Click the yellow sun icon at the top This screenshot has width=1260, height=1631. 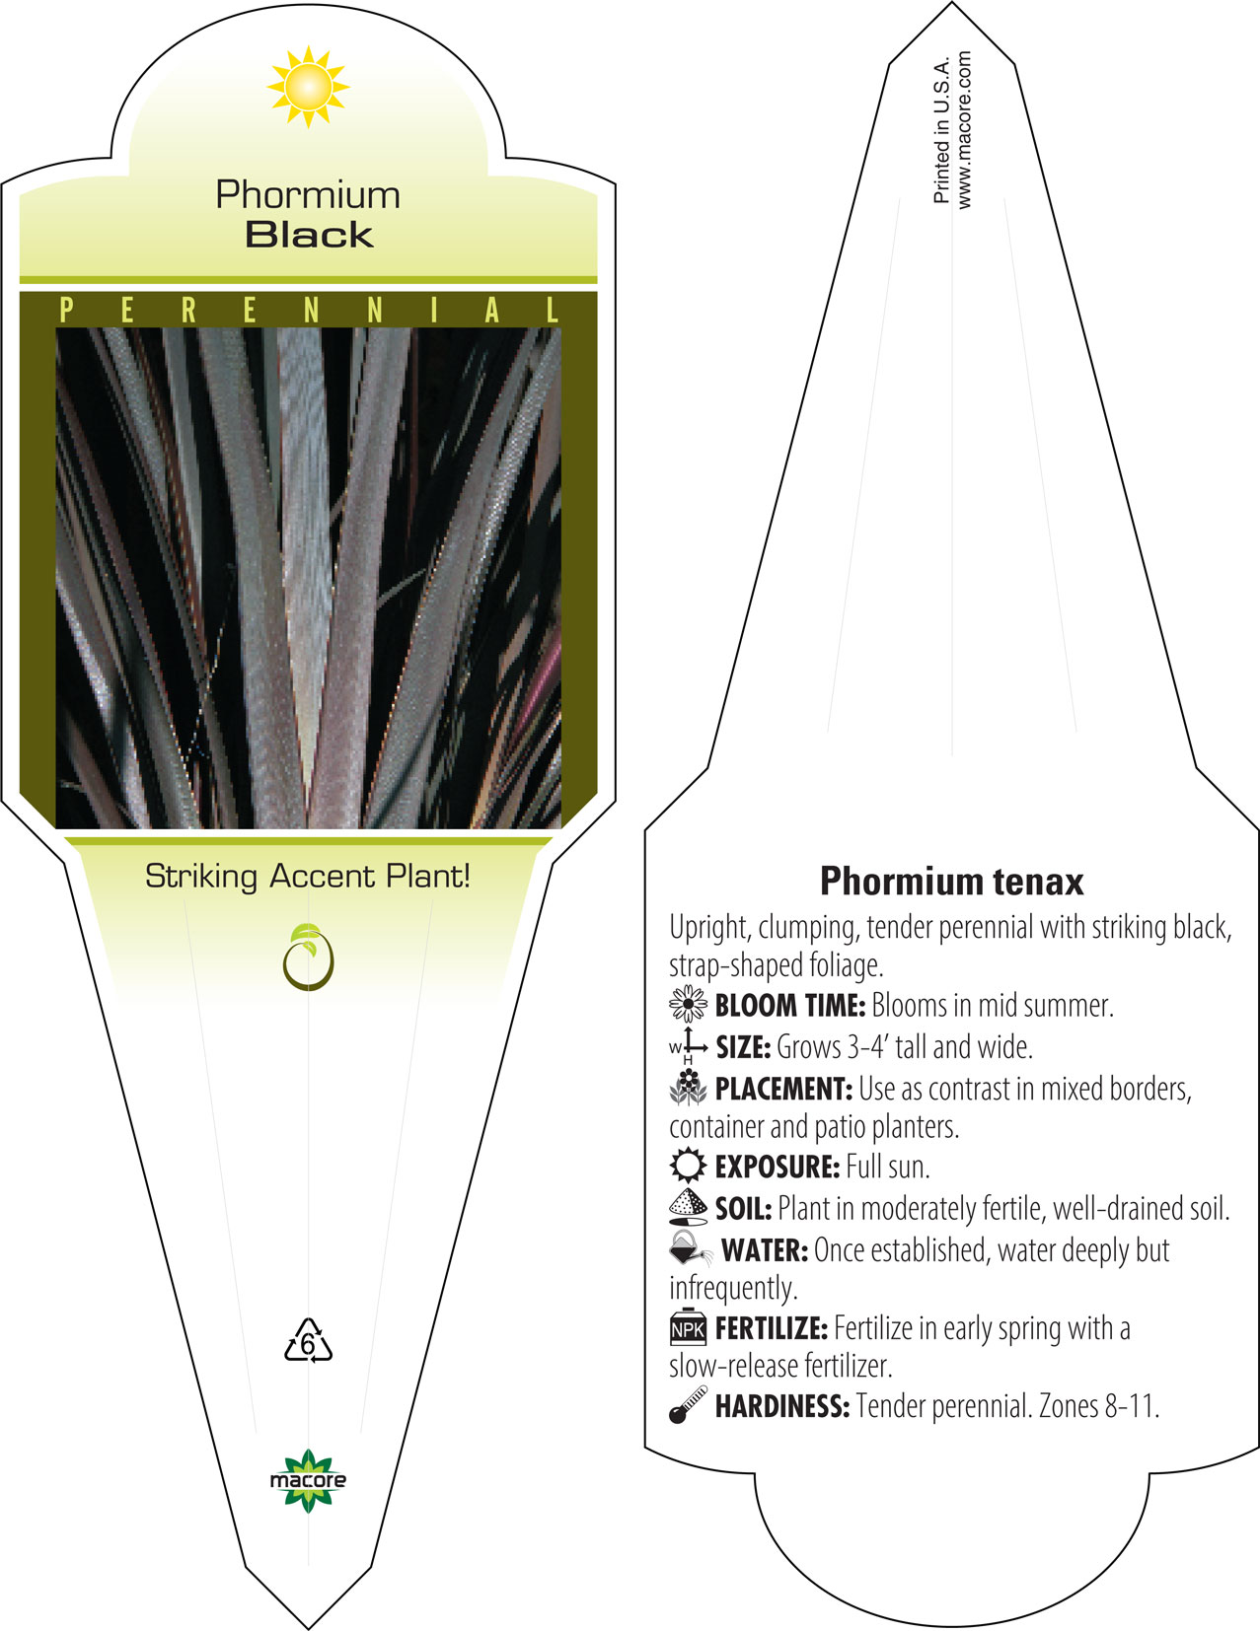click(x=308, y=87)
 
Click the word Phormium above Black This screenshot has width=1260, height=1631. click(x=308, y=195)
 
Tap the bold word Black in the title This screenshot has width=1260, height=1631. click(x=310, y=235)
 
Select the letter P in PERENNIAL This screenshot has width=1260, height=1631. click(x=66, y=310)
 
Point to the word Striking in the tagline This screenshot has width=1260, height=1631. click(x=201, y=877)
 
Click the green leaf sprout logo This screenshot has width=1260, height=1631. click(x=308, y=957)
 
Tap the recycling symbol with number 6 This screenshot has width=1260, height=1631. click(x=308, y=1340)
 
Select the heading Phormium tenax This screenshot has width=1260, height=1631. click(x=951, y=882)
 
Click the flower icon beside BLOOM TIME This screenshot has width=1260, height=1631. click(x=688, y=1004)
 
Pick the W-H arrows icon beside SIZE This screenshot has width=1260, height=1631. click(x=689, y=1046)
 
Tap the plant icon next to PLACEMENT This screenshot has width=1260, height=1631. click(x=688, y=1088)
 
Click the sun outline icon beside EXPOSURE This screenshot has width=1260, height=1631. click(x=688, y=1166)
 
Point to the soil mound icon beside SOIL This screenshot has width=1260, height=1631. click(x=688, y=1207)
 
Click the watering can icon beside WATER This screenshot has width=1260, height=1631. click(x=690, y=1248)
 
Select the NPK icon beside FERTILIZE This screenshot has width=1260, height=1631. click(x=688, y=1327)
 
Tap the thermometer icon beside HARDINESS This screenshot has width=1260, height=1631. click(x=688, y=1404)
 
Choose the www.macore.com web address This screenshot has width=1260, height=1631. click(x=964, y=130)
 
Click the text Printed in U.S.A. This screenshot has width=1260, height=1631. click(x=941, y=130)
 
